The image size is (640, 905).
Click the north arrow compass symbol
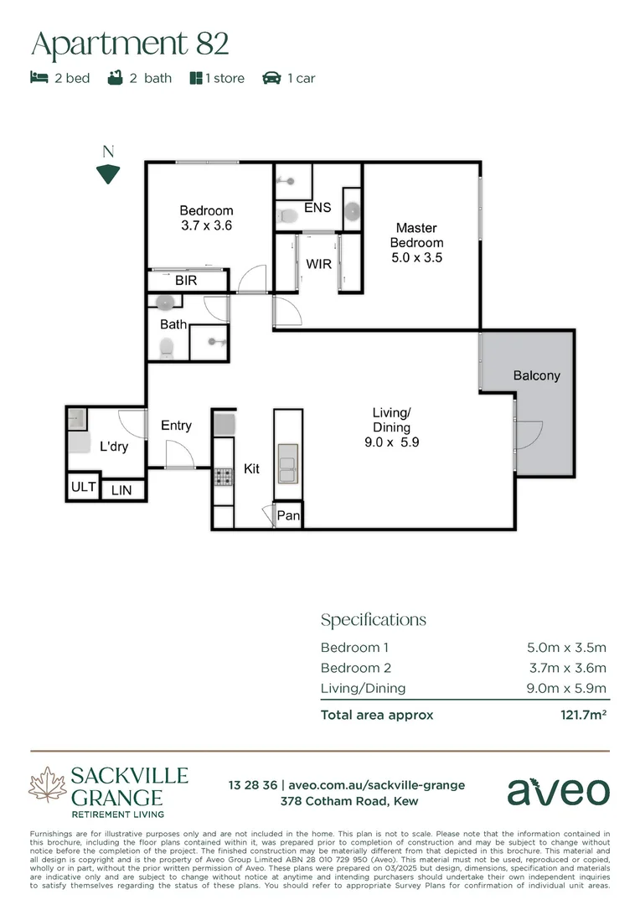107,173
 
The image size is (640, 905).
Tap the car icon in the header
271,78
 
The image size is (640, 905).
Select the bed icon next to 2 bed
39,78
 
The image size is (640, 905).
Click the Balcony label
536,375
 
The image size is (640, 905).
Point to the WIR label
318,264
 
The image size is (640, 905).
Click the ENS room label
317,208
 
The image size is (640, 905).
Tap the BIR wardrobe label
186,281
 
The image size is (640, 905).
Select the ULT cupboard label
84,487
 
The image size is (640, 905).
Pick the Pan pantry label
288,516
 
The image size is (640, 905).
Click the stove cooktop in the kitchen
224,477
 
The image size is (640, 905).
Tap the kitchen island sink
287,463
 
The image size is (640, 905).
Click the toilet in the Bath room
166,347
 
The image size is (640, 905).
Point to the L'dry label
114,447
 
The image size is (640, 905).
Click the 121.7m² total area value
583,715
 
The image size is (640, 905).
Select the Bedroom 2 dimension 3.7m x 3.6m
565,668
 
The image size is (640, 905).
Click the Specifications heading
374,620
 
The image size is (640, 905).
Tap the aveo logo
558,791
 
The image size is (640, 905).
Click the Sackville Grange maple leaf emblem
47,787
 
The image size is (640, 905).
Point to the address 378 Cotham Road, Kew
346,802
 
